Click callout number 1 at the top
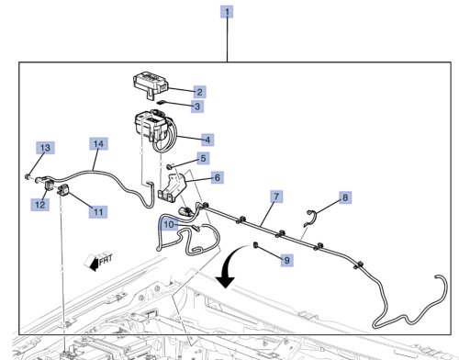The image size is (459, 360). point(227,12)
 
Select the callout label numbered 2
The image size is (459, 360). point(199,92)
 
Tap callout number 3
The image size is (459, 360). point(197,107)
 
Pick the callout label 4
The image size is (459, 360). point(207,140)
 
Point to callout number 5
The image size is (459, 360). point(203,158)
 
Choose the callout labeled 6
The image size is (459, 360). point(218,177)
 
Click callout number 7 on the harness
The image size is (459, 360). point(276,197)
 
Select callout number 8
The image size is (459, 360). point(345,197)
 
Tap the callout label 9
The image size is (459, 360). point(287,260)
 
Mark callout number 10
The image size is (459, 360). point(169,225)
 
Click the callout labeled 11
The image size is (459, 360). point(98,212)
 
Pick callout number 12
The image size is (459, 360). point(40,205)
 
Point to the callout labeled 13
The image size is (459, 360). point(45,148)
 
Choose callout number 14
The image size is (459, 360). point(98,144)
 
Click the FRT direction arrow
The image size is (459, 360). point(98,261)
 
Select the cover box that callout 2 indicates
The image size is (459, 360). point(151,84)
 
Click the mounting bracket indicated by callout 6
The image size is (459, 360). point(173,187)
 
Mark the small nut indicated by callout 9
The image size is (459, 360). point(255,245)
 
